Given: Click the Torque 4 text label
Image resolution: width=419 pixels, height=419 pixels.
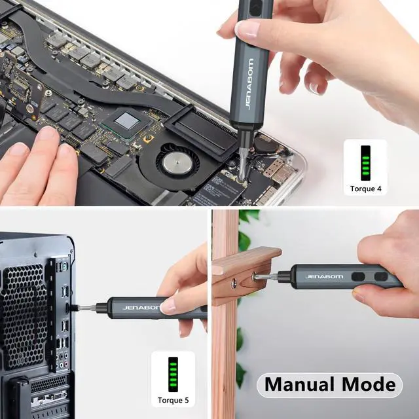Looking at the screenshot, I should (x=365, y=189).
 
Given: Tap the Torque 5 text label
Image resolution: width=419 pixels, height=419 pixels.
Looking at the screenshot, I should (x=173, y=400).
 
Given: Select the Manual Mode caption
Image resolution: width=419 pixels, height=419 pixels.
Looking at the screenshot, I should (x=329, y=384).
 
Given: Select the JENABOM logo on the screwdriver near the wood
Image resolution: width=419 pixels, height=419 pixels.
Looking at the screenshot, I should (x=319, y=275).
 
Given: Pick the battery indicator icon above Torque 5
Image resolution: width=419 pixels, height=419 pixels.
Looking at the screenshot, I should (x=173, y=374).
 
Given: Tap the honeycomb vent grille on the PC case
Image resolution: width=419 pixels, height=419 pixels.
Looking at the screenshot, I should (x=26, y=308).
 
